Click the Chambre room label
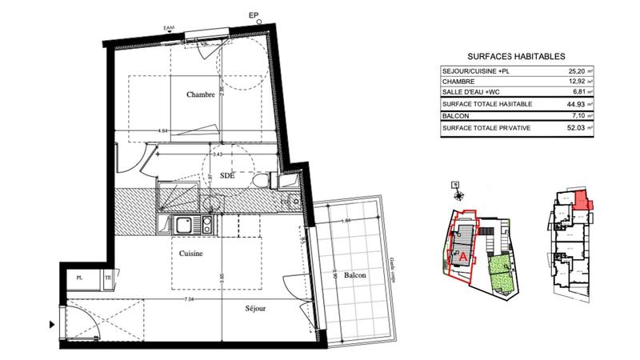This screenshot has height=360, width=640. click(200, 95)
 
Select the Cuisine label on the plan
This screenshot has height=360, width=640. click(190, 254)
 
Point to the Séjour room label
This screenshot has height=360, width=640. click(256, 307)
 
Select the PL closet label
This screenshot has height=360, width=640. click(79, 278)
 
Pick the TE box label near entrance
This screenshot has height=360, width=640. click(106, 278)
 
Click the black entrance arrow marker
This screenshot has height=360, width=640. click(53, 324)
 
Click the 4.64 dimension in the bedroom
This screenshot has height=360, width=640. click(162, 130)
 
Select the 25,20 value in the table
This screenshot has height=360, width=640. click(575, 71)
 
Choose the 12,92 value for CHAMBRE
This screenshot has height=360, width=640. click(575, 82)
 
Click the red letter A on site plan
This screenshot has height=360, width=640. click(463, 257)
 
